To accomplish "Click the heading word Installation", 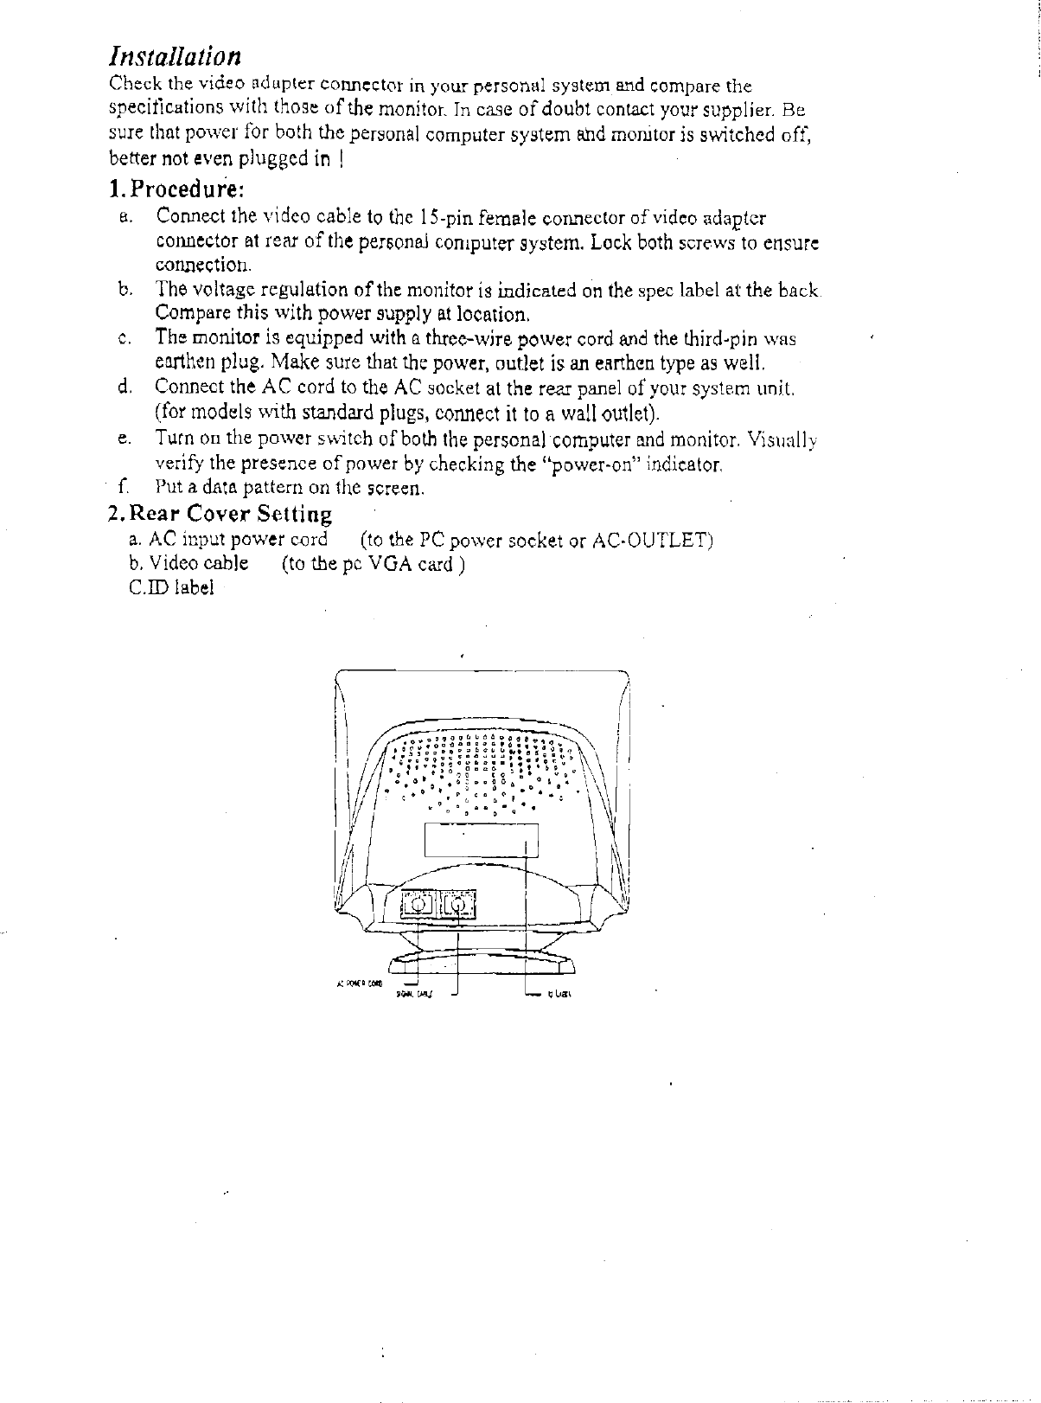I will pyautogui.click(x=174, y=57).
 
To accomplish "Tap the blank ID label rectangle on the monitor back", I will pyautogui.click(x=482, y=837).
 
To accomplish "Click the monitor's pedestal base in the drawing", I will pyautogui.click(x=482, y=963).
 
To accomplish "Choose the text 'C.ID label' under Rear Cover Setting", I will pyautogui.click(x=170, y=588).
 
